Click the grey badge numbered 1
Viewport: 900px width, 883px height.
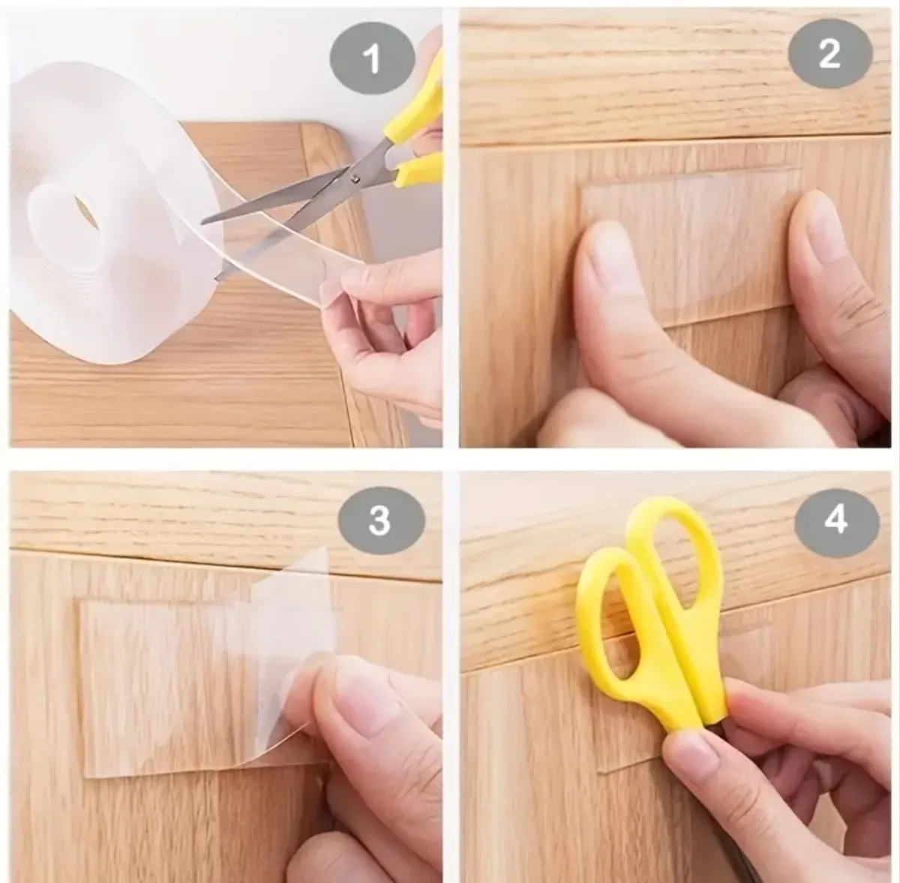point(372,59)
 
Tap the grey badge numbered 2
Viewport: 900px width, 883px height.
point(830,55)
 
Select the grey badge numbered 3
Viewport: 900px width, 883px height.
point(380,521)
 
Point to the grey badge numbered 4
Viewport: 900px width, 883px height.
point(836,521)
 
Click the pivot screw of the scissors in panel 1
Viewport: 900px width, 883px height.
point(356,177)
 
